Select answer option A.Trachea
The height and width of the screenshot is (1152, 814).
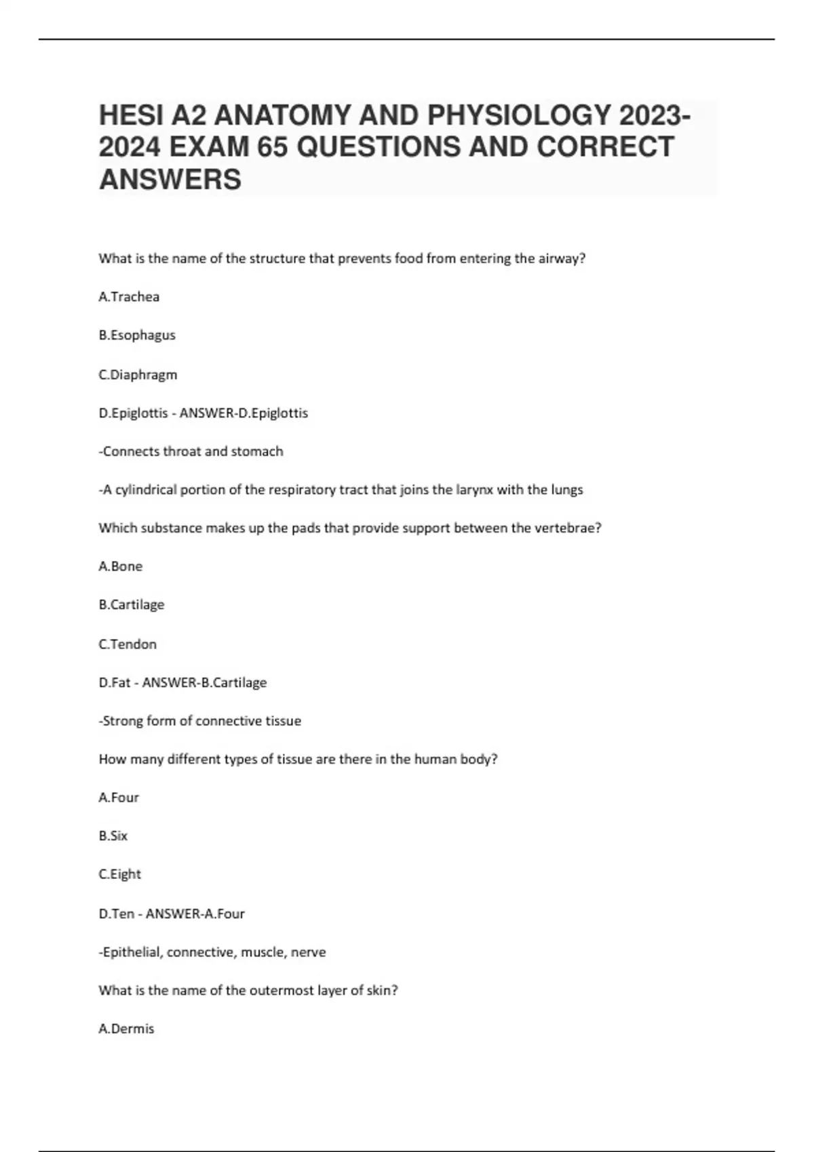[129, 297]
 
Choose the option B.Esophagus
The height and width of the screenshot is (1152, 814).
[137, 335]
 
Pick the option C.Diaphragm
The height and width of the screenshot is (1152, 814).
[138, 375]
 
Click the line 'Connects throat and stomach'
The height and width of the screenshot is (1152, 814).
[191, 451]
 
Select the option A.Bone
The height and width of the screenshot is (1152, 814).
[121, 567]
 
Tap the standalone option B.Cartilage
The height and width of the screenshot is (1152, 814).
[132, 604]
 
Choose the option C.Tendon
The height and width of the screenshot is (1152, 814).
[128, 644]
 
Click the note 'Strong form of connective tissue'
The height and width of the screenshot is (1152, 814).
[200, 721]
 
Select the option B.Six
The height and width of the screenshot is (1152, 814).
[113, 836]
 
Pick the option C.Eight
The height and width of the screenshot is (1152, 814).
[120, 874]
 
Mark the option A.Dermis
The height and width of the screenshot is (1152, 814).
[127, 1029]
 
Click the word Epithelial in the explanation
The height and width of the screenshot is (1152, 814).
[132, 952]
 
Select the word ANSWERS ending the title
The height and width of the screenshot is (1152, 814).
[170, 180]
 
